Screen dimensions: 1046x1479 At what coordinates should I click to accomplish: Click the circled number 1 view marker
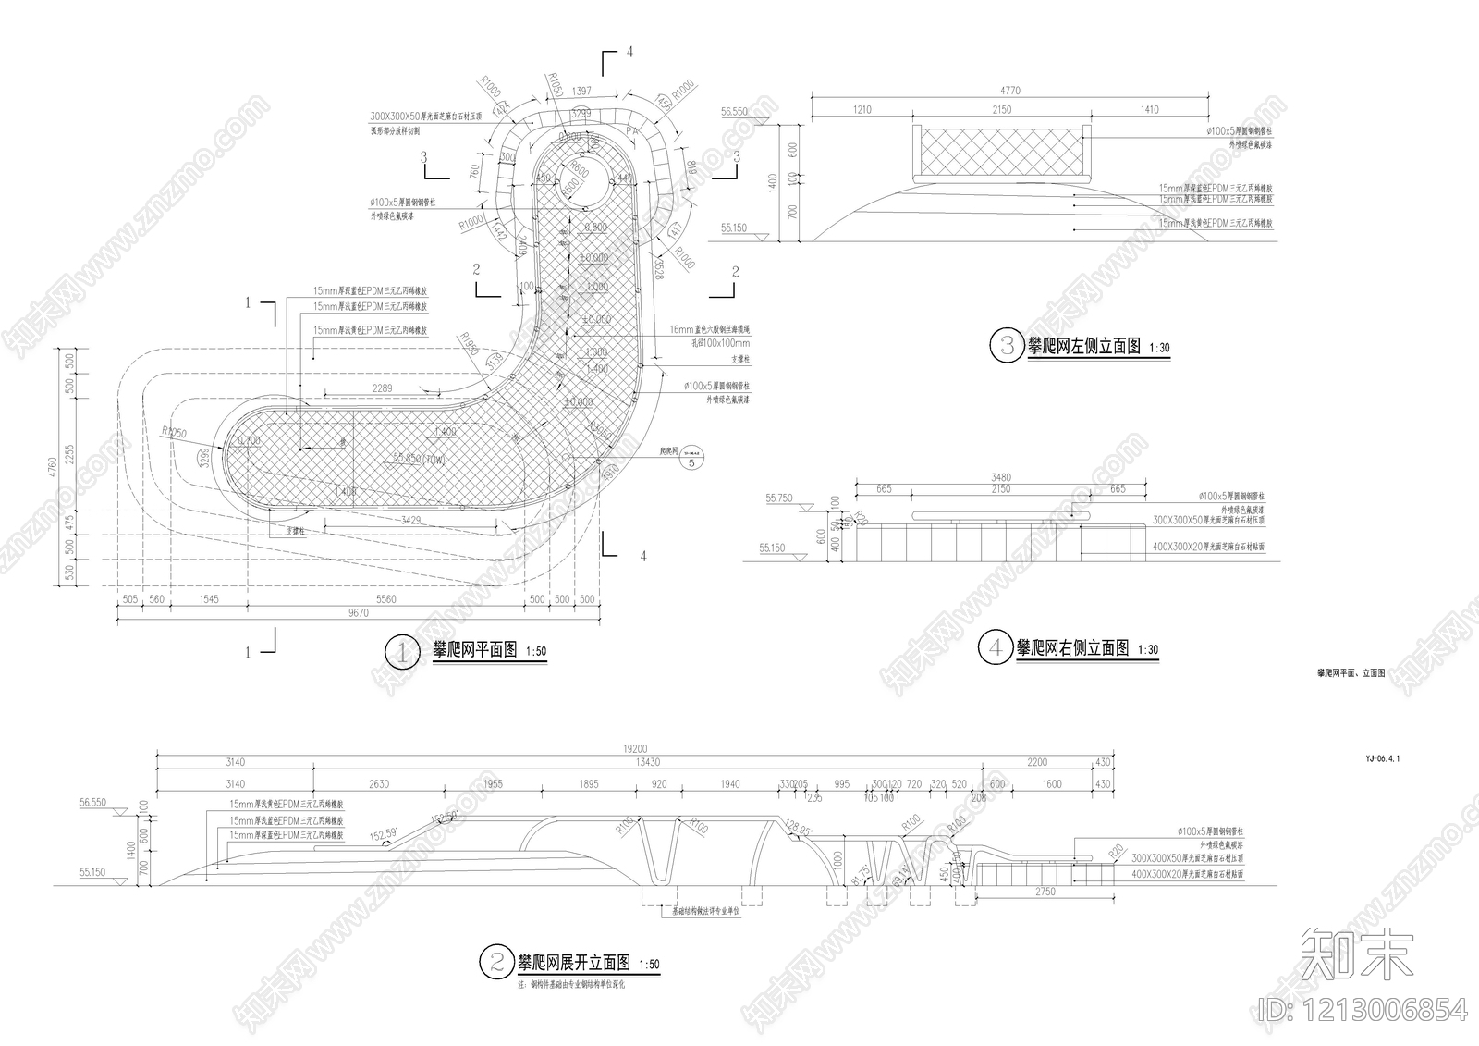(x=401, y=652)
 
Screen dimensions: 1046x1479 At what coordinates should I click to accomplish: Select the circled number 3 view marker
(x=1005, y=346)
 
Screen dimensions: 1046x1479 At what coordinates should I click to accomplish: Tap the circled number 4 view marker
(x=996, y=647)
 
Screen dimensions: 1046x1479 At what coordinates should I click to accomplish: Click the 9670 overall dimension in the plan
(x=358, y=613)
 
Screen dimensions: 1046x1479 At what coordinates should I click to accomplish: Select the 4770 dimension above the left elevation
(x=1010, y=91)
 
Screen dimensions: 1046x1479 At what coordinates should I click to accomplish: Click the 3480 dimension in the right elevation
(x=1000, y=477)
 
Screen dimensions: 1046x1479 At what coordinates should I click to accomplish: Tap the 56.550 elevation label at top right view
(x=734, y=112)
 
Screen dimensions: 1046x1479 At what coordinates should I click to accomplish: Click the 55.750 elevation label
(x=779, y=498)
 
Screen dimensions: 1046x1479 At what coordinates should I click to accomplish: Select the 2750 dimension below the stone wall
(x=1045, y=892)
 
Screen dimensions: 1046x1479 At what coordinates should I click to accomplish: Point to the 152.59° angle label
(x=384, y=834)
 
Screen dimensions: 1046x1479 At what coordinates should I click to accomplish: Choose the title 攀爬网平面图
(x=475, y=650)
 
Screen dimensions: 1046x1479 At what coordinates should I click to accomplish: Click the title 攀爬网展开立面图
(x=573, y=962)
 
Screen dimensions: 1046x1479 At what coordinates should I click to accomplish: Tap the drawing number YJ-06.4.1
(x=1382, y=758)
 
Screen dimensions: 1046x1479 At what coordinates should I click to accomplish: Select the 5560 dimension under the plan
(x=385, y=599)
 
